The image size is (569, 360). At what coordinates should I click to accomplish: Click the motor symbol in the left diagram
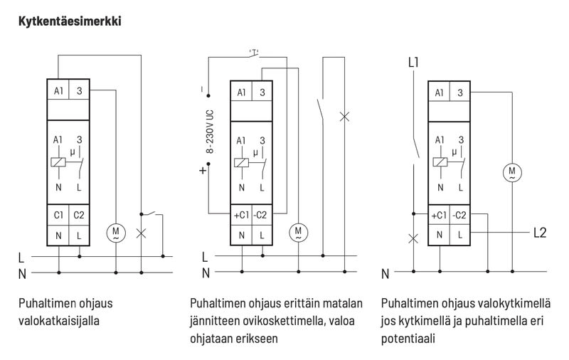(115, 232)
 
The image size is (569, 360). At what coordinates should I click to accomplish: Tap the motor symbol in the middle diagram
(298, 232)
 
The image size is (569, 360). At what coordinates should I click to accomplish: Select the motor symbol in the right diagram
(511, 171)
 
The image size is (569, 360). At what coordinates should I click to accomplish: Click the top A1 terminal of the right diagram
(439, 91)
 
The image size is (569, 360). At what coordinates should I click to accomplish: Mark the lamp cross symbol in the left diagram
(142, 233)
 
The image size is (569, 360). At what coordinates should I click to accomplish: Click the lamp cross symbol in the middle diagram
(346, 116)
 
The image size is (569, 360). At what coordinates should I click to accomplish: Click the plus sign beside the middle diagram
(204, 171)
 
